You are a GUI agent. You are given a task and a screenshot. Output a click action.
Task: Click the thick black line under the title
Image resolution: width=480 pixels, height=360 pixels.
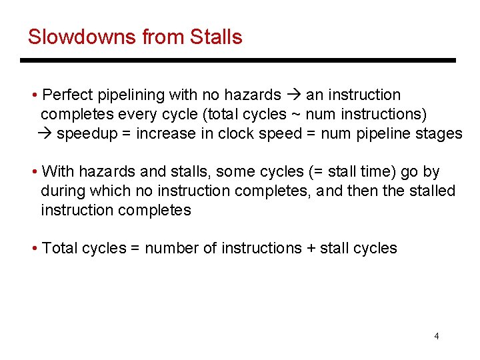[x=237, y=61]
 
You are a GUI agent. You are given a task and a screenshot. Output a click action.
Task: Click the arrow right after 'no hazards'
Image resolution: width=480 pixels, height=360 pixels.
[x=293, y=95]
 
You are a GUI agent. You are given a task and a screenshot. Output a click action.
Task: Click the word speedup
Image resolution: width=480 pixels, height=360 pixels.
[x=89, y=133]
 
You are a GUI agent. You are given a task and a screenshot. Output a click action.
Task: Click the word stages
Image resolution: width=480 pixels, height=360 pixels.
[x=441, y=133]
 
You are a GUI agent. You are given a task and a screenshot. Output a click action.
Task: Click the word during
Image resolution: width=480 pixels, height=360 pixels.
[x=63, y=191]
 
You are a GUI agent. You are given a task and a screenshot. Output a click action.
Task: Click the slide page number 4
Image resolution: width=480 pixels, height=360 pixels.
[x=437, y=336]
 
